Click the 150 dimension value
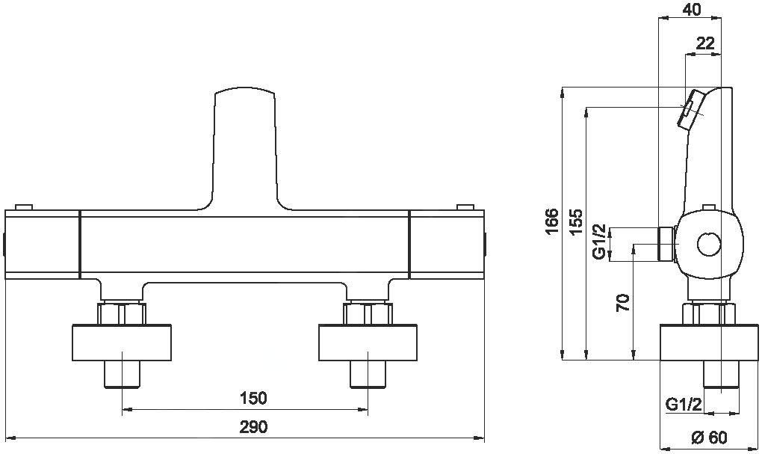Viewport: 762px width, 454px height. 254,398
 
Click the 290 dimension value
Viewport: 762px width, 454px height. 254,427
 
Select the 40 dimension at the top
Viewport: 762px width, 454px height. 692,9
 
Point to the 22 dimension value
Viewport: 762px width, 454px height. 705,44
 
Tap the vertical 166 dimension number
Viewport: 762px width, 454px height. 551,221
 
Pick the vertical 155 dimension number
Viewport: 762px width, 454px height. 576,221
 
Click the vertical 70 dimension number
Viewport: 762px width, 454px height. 623,303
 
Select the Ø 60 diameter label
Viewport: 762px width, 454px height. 710,438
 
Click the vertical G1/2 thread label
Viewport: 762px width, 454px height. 600,242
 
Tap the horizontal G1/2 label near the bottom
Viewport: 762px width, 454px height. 684,405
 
